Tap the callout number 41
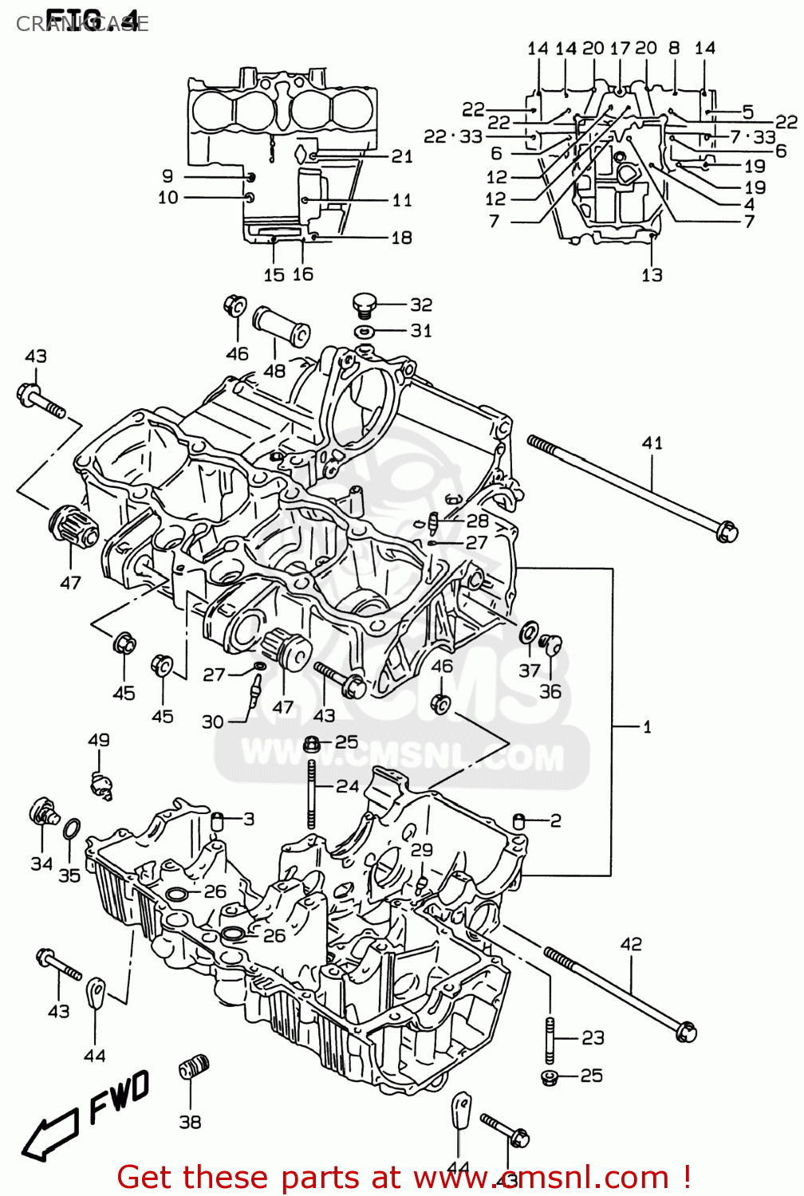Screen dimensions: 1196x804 [x=652, y=443]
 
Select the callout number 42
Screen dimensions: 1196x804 [x=631, y=944]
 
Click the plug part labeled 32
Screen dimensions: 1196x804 [x=364, y=304]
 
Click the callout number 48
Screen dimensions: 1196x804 [x=274, y=371]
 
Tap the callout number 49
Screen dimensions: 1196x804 [x=99, y=740]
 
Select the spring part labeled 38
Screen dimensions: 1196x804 [x=194, y=1067]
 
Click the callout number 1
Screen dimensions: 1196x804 [x=647, y=726]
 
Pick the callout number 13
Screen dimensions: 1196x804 [x=652, y=275]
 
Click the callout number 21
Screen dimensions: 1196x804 [x=402, y=156]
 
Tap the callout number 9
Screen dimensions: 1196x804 [x=167, y=176]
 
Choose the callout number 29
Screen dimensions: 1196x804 [x=422, y=849]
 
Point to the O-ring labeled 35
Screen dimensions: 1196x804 [x=70, y=829]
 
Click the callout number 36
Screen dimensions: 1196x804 [x=550, y=691]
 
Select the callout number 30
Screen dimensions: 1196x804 [x=212, y=722]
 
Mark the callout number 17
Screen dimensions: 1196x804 [x=620, y=48]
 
